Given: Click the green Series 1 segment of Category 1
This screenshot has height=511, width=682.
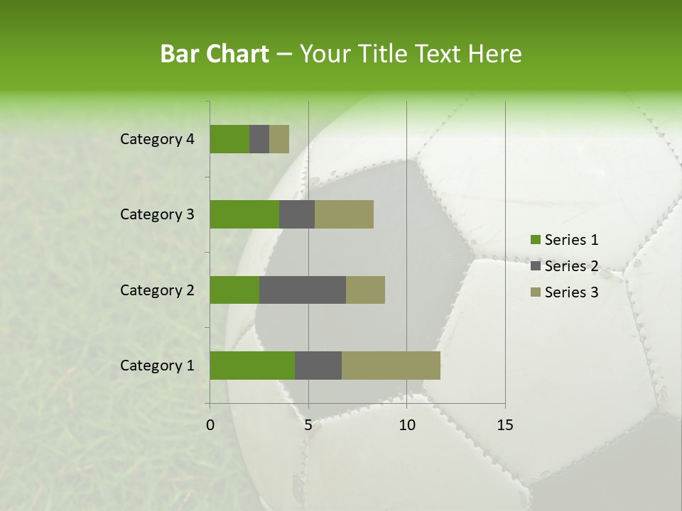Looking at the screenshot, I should [x=252, y=365].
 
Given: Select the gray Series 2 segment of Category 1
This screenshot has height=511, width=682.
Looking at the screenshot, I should [x=318, y=365].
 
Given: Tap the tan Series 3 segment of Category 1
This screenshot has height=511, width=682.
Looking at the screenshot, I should [x=391, y=365].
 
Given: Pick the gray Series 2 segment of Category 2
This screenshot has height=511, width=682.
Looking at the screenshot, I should [x=303, y=290].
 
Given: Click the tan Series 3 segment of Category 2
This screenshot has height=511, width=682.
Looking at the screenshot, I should [x=365, y=290].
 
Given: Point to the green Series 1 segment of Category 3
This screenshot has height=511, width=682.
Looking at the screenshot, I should [x=244, y=214].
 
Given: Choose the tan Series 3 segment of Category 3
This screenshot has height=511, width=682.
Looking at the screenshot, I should [x=344, y=214].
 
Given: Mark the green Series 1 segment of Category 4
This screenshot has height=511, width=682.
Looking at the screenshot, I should [x=229, y=139].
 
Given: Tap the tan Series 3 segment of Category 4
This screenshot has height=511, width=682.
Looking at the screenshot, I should [x=279, y=139].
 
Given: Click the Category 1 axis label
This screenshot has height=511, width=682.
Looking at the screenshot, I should [x=157, y=366].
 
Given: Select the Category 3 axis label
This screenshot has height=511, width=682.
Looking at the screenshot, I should [x=157, y=214].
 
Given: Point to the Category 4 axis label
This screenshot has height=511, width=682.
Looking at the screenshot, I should [x=157, y=139].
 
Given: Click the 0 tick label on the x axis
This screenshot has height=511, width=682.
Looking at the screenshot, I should [x=210, y=425].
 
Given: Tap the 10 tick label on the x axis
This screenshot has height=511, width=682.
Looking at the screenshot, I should [x=406, y=425].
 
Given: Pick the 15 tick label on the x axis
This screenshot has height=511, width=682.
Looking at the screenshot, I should [x=504, y=425].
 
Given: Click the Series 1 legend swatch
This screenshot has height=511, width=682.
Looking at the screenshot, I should [x=535, y=240].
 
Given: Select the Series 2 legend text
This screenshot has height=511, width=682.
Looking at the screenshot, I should [x=571, y=266].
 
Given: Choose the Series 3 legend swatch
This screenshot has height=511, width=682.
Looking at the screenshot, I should [x=535, y=292].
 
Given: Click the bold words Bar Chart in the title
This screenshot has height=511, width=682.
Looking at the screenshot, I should [x=215, y=54].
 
